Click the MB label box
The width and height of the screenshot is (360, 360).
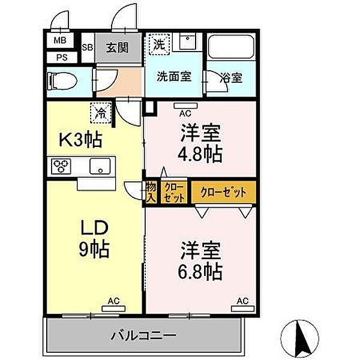61,41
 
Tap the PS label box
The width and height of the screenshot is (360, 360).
61,58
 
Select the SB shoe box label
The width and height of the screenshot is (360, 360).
86,47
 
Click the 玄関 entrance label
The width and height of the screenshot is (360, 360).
118,47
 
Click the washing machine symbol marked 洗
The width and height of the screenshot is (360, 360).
159,44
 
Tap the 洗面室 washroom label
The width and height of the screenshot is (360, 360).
174,77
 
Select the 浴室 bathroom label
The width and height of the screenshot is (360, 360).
231,77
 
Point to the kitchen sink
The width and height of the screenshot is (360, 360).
99,166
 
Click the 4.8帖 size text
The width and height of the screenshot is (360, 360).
200,154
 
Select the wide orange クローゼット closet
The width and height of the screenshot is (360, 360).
223,193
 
